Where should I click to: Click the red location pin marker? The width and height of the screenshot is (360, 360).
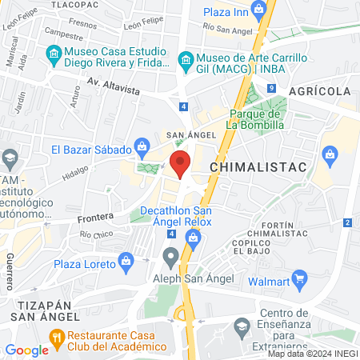pos(181,164)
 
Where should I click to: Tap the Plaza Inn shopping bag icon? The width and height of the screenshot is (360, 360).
pos(258,10)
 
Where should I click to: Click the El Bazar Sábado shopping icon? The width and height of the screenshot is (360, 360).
pos(142,146)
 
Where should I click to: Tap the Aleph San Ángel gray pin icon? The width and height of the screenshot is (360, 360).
pos(170,258)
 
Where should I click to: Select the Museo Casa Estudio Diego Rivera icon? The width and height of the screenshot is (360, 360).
pos(54,54)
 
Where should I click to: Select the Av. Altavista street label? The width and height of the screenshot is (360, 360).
pos(114,84)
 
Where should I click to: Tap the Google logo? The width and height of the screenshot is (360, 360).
pos(26,350)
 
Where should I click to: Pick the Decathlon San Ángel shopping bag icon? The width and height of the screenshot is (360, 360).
pos(193,237)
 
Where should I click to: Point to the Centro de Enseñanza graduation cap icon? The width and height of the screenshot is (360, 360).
pos(242,326)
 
